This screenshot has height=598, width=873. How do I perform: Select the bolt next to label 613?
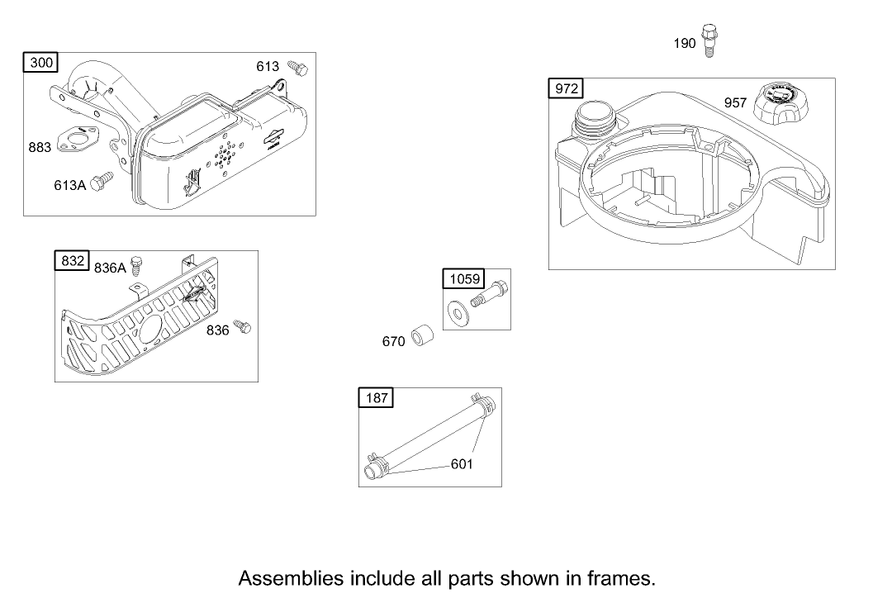point(298,67)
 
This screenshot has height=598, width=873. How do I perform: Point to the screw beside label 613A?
point(103,182)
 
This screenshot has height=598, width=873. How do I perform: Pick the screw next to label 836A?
point(140,263)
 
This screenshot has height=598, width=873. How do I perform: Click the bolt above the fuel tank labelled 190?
point(708,40)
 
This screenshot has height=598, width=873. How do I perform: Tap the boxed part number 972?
point(567,88)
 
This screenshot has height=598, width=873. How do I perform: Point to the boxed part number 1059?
point(463,279)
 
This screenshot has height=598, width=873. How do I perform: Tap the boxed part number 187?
point(377,398)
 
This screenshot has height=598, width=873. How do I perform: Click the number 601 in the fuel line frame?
point(462,464)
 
